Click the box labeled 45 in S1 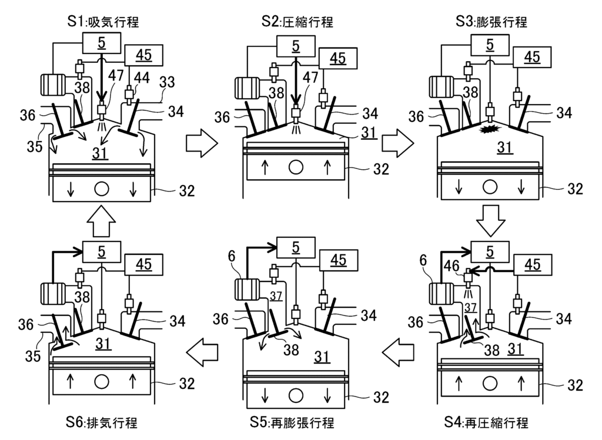[x=143, y=55]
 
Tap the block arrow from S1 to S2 [x=200, y=145]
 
